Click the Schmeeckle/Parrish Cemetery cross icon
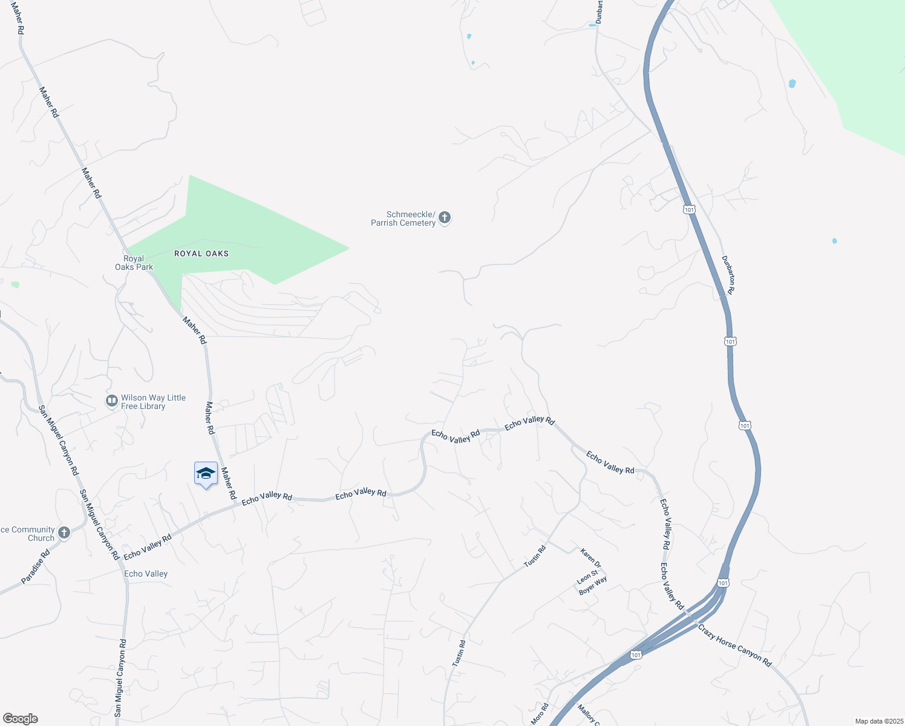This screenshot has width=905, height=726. (445, 218)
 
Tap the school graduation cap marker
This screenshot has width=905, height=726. (206, 474)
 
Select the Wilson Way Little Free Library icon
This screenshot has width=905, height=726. (111, 401)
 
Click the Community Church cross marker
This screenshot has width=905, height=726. (64, 533)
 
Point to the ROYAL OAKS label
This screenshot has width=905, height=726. (201, 253)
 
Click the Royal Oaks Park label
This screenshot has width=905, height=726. (134, 263)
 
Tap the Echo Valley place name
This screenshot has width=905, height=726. (146, 574)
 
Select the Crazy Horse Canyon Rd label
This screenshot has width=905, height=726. (734, 646)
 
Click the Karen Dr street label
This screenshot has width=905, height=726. (590, 558)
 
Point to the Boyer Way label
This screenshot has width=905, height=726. (593, 586)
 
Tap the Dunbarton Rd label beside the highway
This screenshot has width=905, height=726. (728, 275)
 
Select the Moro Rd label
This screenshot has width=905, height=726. (539, 714)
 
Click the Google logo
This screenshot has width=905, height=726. (20, 719)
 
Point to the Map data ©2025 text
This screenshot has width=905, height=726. (878, 721)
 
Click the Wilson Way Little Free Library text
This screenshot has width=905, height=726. (153, 402)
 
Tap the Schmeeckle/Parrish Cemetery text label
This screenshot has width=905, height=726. (403, 218)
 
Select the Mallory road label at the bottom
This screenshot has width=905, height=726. (587, 715)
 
